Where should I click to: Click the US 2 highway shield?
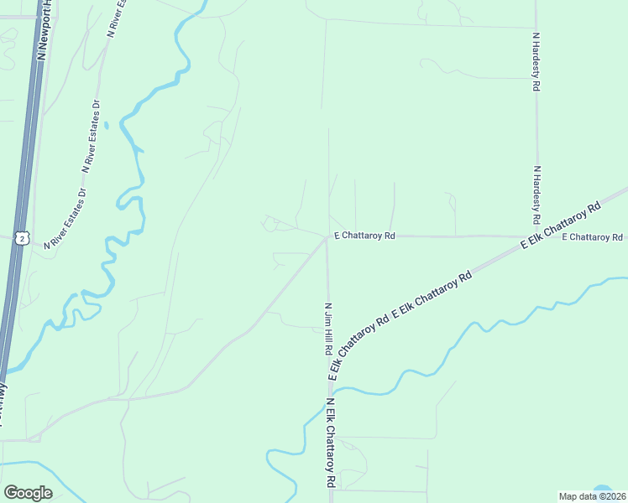(x=22, y=237)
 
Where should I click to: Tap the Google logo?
(x=28, y=493)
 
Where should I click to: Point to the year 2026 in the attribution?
(x=611, y=496)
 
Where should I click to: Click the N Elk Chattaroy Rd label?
(x=331, y=443)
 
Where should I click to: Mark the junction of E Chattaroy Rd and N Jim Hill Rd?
(x=327, y=236)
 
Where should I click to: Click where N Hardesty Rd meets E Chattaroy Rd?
(x=536, y=236)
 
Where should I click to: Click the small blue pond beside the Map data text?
(x=602, y=489)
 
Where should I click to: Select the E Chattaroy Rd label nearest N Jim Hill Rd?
(x=364, y=236)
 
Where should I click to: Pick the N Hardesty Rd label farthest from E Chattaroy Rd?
(x=536, y=61)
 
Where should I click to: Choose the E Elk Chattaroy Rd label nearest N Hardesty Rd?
(x=561, y=225)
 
